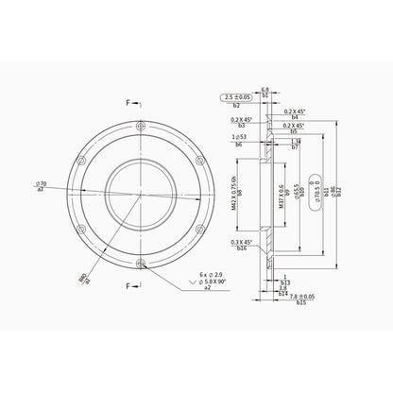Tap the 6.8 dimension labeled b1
tap(265, 89)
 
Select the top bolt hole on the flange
tap(141, 125)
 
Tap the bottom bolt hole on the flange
tap(141, 263)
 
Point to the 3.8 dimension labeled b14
tap(284, 288)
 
